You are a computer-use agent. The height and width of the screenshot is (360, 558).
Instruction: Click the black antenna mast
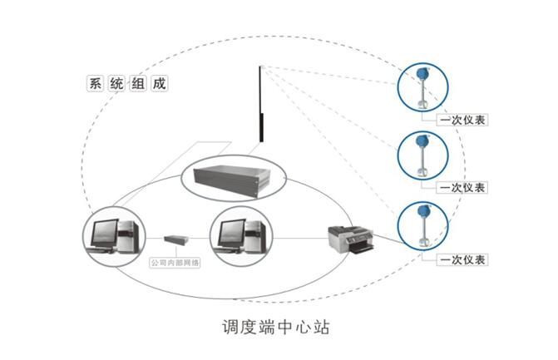261,108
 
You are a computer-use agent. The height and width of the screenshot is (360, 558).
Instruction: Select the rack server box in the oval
231,176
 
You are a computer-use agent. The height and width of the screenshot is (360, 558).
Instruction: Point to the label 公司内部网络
175,263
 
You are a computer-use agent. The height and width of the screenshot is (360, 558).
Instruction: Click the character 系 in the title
94,83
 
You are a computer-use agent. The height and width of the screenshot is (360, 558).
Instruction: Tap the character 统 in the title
116,83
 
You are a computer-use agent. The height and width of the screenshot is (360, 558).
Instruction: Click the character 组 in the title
139,83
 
